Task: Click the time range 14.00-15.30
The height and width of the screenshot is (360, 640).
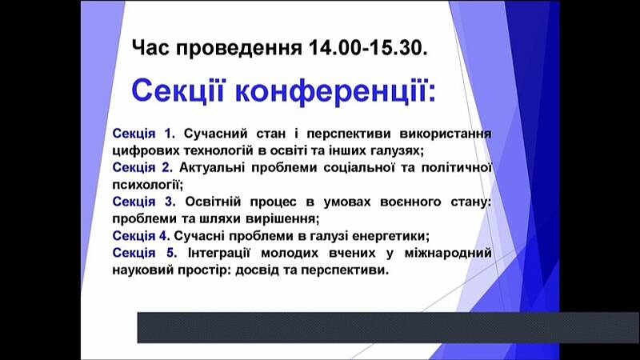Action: point(368,48)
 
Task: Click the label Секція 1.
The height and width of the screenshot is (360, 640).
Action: point(143,134)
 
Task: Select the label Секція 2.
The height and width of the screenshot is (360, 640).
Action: point(142,167)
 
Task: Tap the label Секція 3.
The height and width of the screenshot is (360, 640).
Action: point(144,202)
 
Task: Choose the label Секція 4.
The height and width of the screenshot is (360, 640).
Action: point(141,235)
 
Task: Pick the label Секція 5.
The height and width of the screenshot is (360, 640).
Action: point(145,253)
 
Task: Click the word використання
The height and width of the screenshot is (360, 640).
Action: point(446,134)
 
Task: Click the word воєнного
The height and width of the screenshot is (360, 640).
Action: point(410,202)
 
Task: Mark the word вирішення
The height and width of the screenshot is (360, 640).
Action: point(282,219)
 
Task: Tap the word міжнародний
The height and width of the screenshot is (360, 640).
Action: point(448,253)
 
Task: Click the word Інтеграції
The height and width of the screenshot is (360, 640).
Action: point(218,253)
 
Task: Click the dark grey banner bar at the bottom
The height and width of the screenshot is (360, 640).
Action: point(388,328)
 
